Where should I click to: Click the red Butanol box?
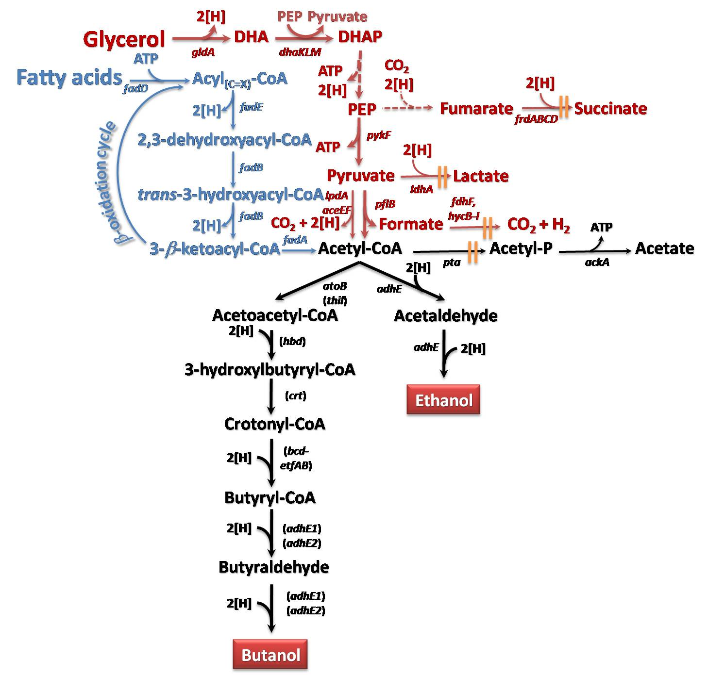270,654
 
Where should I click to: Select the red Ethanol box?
443,399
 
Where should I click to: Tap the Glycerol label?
124,39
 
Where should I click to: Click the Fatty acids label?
69,78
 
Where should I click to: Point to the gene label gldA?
203,52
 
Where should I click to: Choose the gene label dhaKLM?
300,52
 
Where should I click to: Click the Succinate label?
610,108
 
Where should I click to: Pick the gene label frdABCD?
536,119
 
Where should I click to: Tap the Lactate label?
481,176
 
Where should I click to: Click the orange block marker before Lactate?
442,177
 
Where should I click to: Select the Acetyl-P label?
521,248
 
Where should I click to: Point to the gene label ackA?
597,262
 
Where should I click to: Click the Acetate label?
664,248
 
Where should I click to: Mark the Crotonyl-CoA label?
274,424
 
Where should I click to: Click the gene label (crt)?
295,395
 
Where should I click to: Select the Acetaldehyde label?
445,316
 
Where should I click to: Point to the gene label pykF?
378,136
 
